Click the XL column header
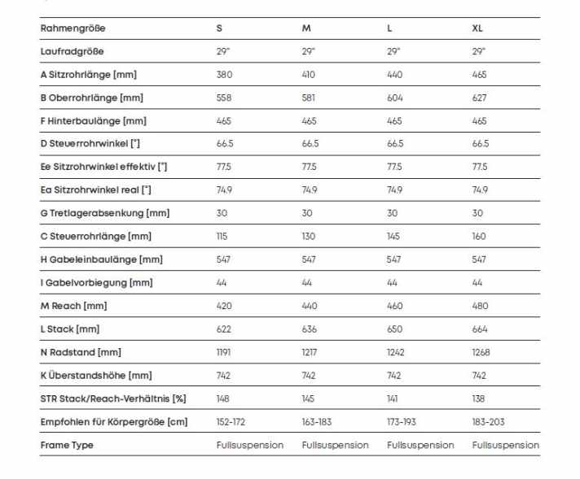[x=477, y=28]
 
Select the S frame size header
[x=219, y=28]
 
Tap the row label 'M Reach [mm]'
[x=73, y=307]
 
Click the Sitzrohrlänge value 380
[x=224, y=75]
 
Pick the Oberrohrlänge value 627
[x=479, y=98]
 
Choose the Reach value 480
[x=479, y=307]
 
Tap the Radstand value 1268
[x=481, y=353]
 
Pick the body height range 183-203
[x=489, y=422]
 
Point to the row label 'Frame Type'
[x=67, y=446]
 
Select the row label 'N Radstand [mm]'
[x=81, y=353]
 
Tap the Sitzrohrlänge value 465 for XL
[x=479, y=75]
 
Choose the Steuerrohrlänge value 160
[x=479, y=237]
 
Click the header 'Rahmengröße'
[x=72, y=28]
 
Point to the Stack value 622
[x=224, y=329]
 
